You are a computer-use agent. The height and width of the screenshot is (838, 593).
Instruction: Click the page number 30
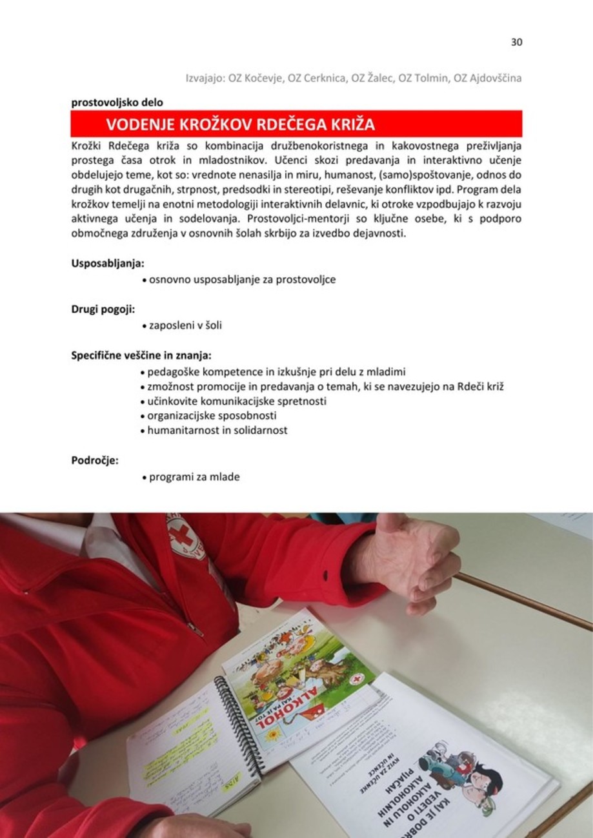coord(516,43)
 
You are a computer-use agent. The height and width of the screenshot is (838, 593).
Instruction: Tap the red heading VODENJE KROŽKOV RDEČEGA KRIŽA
coord(240,123)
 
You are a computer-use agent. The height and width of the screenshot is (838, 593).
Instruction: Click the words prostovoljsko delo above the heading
coord(117,102)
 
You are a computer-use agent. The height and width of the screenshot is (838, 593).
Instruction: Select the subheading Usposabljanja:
coord(107,264)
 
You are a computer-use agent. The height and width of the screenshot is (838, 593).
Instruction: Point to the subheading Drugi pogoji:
coord(103,309)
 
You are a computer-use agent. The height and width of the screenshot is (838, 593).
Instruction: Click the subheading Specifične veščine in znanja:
coord(141,355)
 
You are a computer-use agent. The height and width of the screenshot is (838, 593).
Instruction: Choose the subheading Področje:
coord(94,460)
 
